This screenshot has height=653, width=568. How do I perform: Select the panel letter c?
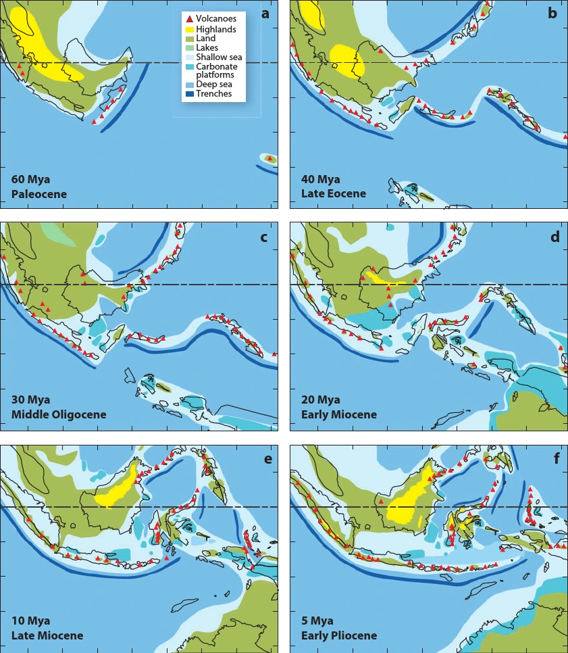(x=263, y=237)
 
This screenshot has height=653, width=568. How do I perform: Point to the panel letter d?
(x=554, y=237)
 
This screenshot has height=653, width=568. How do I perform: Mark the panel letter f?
(x=556, y=460)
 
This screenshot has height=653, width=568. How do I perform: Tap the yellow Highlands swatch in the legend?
(x=189, y=29)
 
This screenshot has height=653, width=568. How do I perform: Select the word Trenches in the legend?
(x=213, y=94)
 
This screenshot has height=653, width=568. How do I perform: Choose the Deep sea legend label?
(x=215, y=84)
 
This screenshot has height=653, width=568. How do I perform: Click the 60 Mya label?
(x=30, y=180)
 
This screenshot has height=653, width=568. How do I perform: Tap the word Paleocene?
(x=38, y=194)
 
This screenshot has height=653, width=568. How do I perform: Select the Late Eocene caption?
(x=333, y=194)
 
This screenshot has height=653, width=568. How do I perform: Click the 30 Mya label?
(x=30, y=400)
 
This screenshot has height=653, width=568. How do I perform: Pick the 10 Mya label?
(x=30, y=621)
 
